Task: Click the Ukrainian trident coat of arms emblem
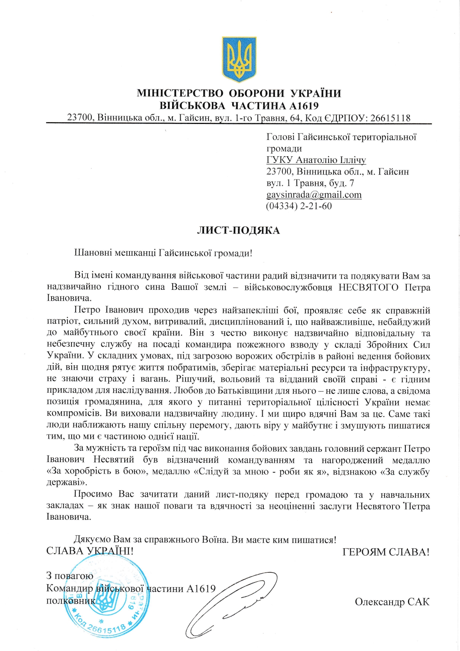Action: [239, 59]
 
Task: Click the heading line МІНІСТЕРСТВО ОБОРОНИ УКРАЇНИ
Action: [239, 93]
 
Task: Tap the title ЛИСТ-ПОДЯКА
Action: [238, 230]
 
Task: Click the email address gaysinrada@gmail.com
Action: [314, 195]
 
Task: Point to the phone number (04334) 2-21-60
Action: [299, 206]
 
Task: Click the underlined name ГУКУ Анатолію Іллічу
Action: [316, 160]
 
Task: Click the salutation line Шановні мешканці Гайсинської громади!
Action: [163, 253]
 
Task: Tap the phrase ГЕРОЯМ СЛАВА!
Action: [386, 552]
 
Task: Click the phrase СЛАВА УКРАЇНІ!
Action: [90, 551]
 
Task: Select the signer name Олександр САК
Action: [392, 602]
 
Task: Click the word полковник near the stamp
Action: [70, 601]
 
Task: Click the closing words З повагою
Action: [70, 576]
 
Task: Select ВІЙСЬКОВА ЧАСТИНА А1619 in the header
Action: [239, 106]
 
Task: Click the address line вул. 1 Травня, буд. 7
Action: [310, 183]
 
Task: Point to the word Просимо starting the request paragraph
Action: [93, 494]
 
